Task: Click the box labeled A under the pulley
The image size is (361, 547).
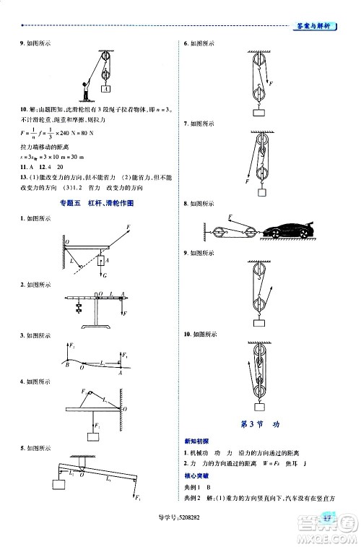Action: [106, 88]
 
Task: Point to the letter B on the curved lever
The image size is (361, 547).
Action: [66, 365]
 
